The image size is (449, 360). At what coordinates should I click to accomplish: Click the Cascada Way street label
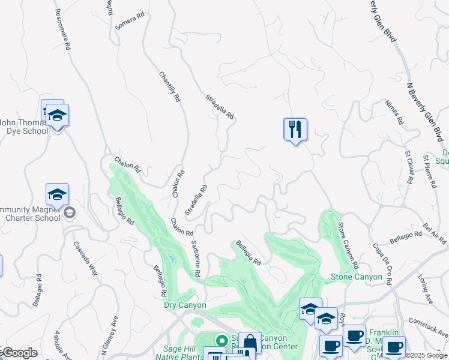point(86,258)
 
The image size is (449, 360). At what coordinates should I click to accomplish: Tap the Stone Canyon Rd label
point(348,245)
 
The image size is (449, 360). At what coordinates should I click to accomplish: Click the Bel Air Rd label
point(435,234)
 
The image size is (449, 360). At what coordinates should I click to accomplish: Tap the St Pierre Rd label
point(429,173)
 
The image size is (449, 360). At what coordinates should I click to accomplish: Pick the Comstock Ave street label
point(429,328)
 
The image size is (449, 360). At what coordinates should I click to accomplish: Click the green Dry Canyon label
point(185,305)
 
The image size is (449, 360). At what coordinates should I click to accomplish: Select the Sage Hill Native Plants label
point(181,352)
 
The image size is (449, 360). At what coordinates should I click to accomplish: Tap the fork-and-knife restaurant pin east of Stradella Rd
point(295,130)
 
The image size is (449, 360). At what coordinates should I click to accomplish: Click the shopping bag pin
point(249,343)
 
